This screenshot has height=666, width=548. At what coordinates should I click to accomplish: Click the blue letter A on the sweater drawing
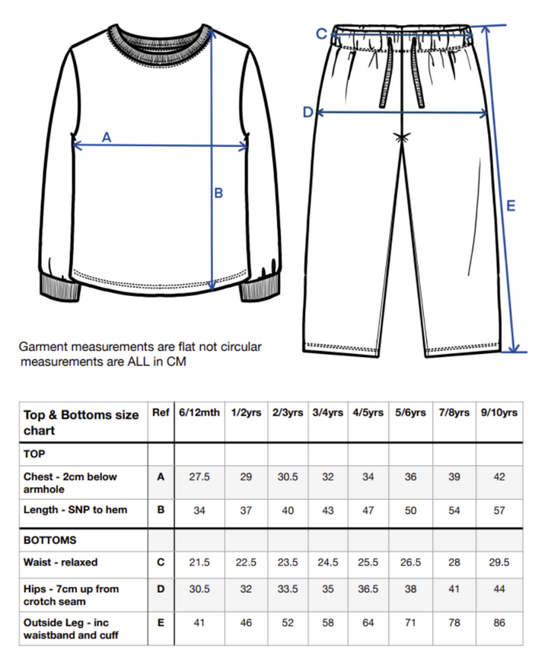point(107,137)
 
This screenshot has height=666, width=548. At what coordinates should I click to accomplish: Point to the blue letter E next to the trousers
point(511,206)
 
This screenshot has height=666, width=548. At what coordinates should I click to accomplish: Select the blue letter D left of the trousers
point(307,113)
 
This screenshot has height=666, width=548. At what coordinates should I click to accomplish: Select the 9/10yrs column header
point(499,413)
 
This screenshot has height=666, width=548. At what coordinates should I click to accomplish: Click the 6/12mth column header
point(199,413)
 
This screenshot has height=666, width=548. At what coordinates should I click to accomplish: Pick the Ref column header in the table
point(161,413)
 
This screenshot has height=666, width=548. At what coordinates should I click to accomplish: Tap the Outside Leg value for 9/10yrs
point(499,622)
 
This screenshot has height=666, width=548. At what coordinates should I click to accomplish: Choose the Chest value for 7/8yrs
point(454,476)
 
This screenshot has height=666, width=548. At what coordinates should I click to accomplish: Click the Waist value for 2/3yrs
point(288,562)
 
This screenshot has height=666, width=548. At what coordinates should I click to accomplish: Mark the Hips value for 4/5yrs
point(368,588)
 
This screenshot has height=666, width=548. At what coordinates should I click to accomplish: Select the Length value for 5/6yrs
point(411,510)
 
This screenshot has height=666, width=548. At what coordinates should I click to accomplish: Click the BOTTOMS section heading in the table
point(50,540)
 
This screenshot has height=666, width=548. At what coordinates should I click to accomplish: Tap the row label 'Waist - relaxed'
point(61,562)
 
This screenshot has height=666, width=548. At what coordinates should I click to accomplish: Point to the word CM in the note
point(176,361)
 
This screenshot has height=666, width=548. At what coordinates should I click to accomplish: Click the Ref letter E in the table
point(161,622)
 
